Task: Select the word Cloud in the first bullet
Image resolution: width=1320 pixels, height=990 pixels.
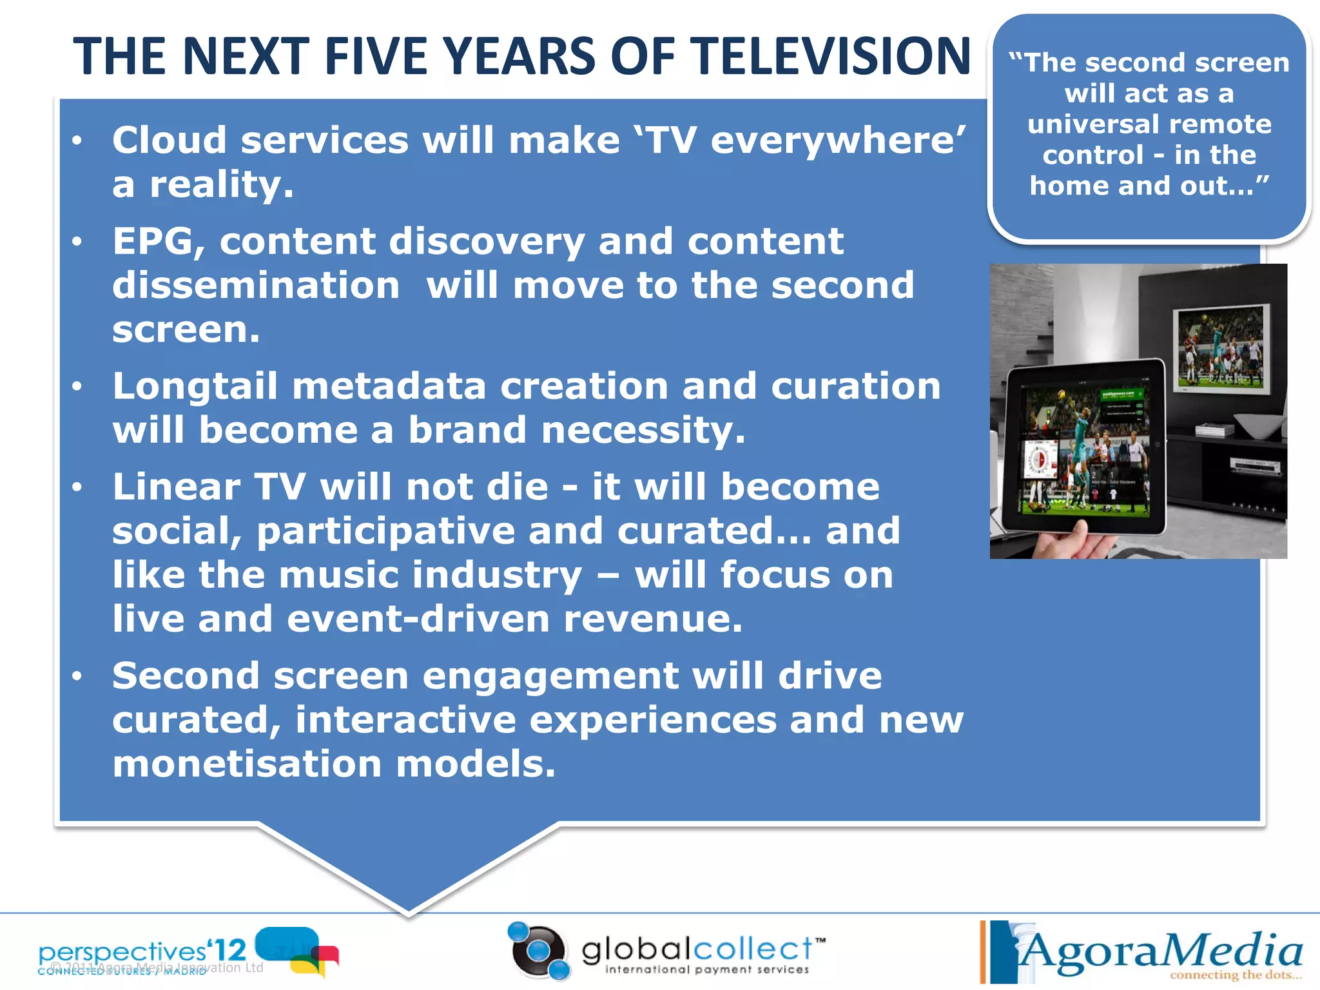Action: (x=170, y=140)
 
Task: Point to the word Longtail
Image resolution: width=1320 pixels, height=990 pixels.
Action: (x=195, y=387)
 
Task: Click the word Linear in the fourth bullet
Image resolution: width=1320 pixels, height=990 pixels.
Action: (x=176, y=487)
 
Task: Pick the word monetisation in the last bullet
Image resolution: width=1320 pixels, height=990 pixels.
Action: (x=247, y=764)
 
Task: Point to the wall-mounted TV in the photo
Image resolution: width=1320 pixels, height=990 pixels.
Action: (x=1220, y=349)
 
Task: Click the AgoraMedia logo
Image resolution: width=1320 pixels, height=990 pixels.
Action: (x=1147, y=950)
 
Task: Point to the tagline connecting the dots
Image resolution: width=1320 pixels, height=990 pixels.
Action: (x=1234, y=975)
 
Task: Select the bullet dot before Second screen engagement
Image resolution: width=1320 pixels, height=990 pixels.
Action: (x=77, y=676)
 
